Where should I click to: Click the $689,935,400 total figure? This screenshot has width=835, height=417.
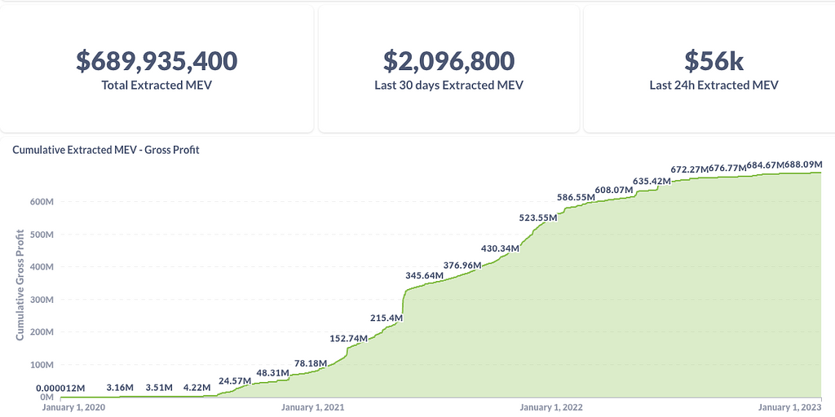coord(157,61)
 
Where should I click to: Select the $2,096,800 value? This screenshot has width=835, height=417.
coord(448,61)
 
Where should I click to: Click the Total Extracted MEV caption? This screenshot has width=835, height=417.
coord(157,85)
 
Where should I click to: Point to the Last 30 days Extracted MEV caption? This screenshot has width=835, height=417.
coord(448,85)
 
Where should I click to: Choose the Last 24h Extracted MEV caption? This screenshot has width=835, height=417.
coord(714,85)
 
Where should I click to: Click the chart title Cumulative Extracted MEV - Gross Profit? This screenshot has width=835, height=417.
coord(106,150)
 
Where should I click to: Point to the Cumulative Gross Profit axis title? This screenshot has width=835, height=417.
coord(20,285)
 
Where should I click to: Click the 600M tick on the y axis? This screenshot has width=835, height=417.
coord(42,202)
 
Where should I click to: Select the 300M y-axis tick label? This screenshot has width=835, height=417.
coord(42,300)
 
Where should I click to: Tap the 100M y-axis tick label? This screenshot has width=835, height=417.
coord(42,365)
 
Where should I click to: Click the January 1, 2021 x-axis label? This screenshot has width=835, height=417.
coord(313,407)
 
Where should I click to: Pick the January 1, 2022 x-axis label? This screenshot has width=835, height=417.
coord(551,407)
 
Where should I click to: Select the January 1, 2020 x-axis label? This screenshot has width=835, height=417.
coord(73,407)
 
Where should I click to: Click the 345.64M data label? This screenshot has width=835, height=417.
coord(425,276)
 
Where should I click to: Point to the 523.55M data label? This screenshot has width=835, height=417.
coord(538,217)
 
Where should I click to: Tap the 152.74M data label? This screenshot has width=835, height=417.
coord(349,338)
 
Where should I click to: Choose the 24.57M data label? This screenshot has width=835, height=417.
coord(235,380)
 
